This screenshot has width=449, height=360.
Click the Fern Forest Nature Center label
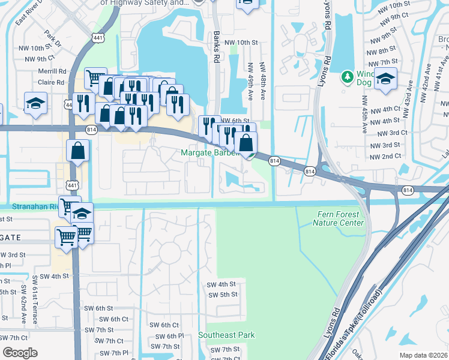click(338, 218)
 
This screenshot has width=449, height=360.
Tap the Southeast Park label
click(226, 335)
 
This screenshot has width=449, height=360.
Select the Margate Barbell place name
click(209, 152)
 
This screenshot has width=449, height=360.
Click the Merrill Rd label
click(51, 71)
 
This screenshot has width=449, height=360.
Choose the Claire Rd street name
click(51, 82)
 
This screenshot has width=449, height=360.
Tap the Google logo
click(20, 353)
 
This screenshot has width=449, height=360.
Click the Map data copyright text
click(423, 355)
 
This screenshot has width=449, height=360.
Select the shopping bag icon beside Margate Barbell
click(246, 143)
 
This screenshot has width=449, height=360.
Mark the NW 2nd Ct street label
click(385, 157)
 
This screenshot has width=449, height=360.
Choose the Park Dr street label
click(55, 40)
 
